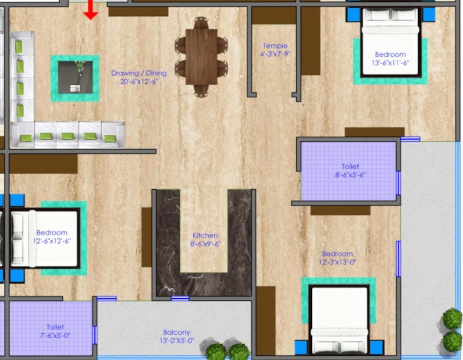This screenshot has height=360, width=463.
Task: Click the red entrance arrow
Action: click(90, 10)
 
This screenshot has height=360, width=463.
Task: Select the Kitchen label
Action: click(205, 235)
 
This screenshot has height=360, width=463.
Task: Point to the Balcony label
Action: click(177, 332)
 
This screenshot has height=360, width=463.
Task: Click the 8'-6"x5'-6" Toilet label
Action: click(350, 171)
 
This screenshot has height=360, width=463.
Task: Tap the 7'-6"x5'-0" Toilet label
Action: click(55, 331)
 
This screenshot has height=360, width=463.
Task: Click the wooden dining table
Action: click(201, 57)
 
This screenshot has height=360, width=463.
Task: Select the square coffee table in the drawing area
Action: click(75, 77)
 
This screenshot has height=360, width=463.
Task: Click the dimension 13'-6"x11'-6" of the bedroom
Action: click(390, 63)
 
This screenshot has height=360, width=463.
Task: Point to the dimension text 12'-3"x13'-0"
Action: click(337, 262)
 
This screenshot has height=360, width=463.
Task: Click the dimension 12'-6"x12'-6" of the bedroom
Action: click(52, 241)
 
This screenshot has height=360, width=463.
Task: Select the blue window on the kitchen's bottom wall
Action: click(180, 298)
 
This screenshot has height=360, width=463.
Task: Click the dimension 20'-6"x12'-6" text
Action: click(139, 82)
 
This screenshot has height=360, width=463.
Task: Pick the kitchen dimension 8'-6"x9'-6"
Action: click(205, 244)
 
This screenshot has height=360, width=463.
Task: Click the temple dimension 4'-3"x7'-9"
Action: click(275, 54)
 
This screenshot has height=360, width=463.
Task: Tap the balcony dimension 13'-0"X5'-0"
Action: click(177, 341)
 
